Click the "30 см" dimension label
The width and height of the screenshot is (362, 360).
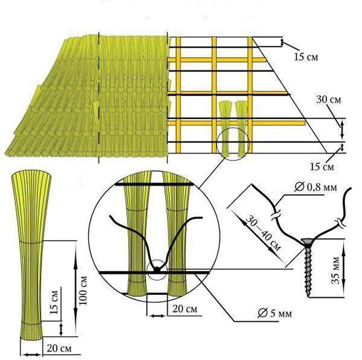click(328, 99)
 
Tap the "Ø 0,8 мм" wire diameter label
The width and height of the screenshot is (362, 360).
click(315, 188)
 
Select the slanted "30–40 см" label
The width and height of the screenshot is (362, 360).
click(263, 232)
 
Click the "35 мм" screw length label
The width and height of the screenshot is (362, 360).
click(336, 270)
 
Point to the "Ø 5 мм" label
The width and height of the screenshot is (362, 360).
click(274, 313)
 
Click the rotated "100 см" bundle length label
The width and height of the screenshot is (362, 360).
click(83, 290)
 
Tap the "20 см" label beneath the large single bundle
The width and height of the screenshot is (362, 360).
click(59, 348)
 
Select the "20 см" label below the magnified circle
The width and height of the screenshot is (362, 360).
click(185, 309)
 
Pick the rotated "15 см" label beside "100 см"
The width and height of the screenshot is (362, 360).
click(54, 303)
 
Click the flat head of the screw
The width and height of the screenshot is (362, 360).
click(308, 242)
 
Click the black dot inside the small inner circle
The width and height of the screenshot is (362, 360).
click(157, 269)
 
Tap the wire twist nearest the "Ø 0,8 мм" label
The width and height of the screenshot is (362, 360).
click(276, 215)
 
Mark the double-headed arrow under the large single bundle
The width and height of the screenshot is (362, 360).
click(32, 355)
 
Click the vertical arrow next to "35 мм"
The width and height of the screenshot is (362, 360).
click(344, 268)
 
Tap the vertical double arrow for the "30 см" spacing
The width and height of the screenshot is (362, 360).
click(342, 130)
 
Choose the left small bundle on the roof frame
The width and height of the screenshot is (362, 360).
click(225, 129)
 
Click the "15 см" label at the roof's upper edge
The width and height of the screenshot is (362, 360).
click(306, 57)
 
